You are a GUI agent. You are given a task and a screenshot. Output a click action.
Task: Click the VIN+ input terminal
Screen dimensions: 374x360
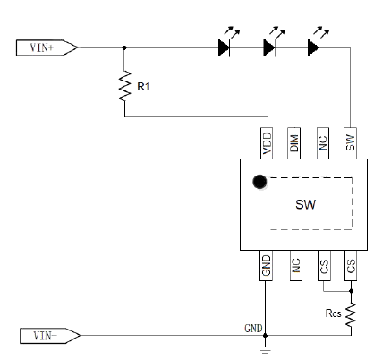point(47,47)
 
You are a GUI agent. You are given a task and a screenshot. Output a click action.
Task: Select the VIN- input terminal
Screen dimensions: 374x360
point(50,336)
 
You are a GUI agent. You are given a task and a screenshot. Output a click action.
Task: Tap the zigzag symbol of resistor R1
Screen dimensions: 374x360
point(125,86)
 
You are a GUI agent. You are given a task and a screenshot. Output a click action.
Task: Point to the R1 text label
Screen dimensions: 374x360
point(143,87)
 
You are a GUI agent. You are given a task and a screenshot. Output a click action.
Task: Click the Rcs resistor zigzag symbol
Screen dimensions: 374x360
point(351,315)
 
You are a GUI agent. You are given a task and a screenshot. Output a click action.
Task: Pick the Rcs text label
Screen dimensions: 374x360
point(333,313)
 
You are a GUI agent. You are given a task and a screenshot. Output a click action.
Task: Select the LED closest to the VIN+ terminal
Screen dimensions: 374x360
point(228,42)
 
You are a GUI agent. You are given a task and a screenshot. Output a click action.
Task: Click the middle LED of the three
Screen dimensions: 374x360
point(273,42)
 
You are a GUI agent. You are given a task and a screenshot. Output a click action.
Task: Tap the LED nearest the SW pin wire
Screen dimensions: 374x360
point(318,42)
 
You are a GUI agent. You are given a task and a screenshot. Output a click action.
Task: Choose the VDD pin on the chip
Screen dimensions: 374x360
point(267,143)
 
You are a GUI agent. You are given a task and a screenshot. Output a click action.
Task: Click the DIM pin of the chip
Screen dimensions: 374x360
point(293,143)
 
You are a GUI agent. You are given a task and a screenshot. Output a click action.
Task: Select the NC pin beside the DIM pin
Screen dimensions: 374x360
point(323,143)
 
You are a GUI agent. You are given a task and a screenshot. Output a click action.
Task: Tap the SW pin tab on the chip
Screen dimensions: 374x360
point(350,143)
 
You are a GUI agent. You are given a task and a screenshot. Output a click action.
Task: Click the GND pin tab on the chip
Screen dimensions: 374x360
point(266,265)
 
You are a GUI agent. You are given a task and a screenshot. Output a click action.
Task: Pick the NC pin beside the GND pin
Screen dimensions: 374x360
point(296,265)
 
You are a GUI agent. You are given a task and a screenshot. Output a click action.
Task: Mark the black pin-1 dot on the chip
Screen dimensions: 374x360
point(259,182)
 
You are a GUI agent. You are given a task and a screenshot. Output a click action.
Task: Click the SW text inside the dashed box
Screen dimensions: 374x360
point(305,205)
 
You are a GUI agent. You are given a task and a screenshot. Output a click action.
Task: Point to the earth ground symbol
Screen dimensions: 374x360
point(265,349)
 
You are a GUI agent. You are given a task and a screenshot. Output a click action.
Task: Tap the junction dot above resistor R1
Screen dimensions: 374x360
point(124,47)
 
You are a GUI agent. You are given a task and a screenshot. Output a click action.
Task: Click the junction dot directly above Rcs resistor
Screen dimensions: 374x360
point(351,291)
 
